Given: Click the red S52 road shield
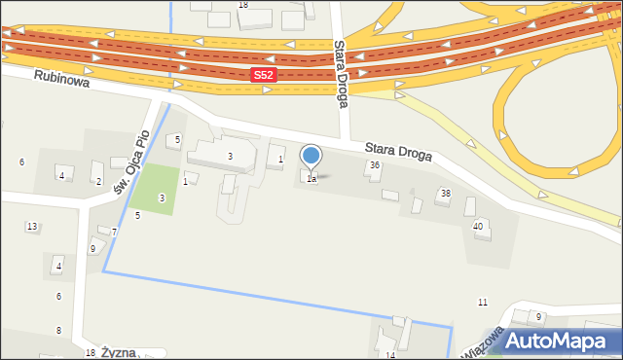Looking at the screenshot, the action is [x=263, y=75].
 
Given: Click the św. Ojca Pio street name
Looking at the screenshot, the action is [x=132, y=162].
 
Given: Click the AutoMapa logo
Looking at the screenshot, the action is [x=555, y=342].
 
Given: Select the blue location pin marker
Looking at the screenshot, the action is [x=311, y=156].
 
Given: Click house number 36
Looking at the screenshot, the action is [x=375, y=166].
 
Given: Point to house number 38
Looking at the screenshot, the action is [x=446, y=194].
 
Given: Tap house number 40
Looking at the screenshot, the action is [x=477, y=226].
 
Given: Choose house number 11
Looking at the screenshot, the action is [x=482, y=303].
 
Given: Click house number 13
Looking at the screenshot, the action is [x=32, y=227].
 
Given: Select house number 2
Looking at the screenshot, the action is [x=98, y=181].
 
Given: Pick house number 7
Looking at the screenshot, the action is [x=114, y=232].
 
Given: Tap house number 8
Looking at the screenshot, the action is [x=58, y=331].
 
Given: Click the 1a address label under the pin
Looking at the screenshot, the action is [x=311, y=179].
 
